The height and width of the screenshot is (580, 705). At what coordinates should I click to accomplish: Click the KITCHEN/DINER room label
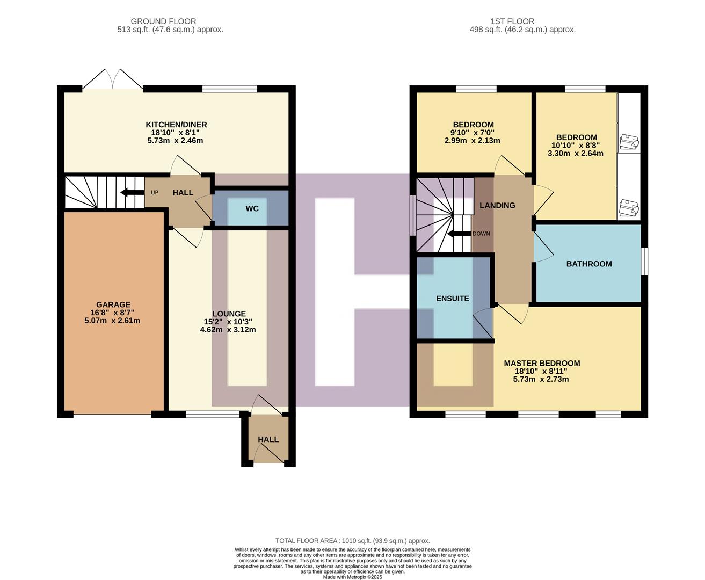[176, 125]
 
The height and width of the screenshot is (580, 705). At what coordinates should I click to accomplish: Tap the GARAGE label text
[113, 305]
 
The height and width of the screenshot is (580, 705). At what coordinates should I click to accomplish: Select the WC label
[252, 208]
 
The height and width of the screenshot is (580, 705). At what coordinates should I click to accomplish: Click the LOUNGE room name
[229, 314]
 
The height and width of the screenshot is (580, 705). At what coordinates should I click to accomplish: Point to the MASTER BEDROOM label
[542, 363]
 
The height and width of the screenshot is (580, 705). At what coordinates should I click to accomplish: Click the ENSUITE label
[453, 299]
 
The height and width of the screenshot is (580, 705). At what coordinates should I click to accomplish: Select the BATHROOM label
[589, 264]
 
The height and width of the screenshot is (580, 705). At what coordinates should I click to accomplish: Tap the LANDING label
[497, 205]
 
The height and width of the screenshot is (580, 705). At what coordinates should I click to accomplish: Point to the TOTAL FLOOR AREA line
[352, 541]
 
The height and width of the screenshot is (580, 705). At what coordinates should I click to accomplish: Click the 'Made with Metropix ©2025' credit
[352, 577]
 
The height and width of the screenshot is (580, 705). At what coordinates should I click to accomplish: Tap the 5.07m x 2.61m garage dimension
[112, 321]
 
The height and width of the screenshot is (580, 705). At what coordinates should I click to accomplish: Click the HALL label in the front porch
[268, 439]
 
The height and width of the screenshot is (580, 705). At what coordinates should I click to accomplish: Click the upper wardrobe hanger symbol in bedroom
[629, 142]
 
